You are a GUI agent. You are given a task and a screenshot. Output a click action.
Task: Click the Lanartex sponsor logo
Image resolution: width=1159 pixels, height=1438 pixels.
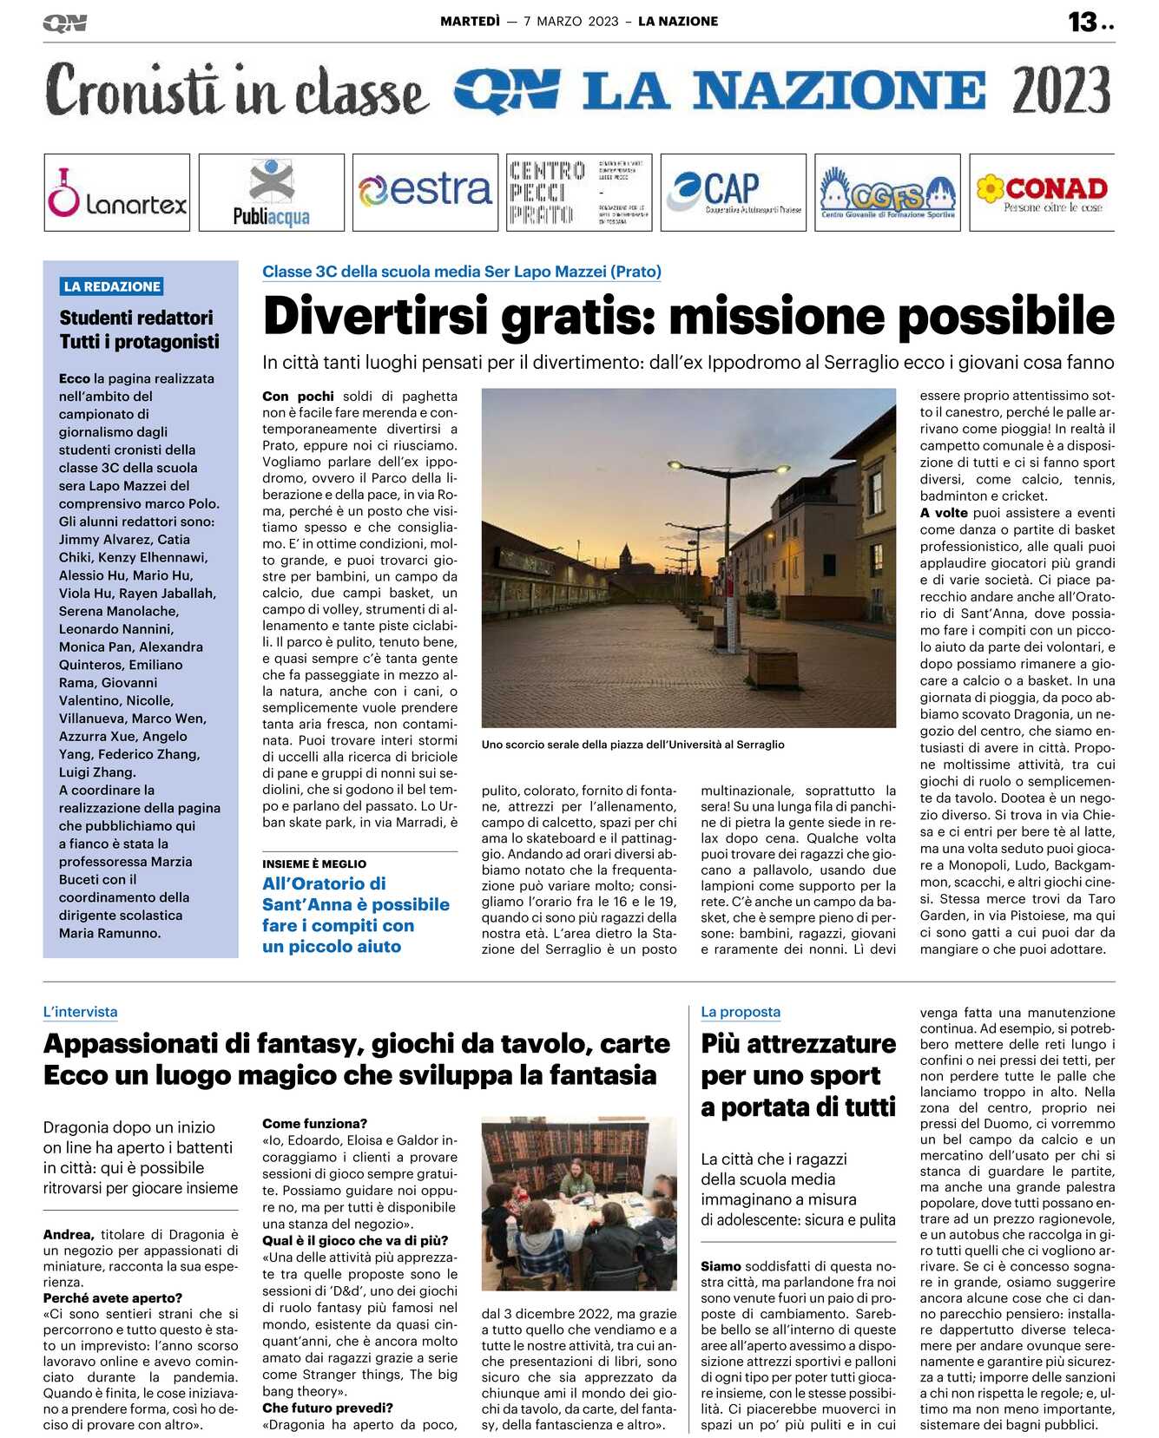pos(117,193)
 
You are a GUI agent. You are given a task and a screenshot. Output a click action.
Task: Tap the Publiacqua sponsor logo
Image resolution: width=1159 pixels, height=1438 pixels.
pos(271,193)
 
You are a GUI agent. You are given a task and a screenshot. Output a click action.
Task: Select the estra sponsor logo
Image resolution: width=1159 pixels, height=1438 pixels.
pos(425,191)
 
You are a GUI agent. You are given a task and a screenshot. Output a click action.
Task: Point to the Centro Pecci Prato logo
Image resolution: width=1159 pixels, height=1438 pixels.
pos(579,193)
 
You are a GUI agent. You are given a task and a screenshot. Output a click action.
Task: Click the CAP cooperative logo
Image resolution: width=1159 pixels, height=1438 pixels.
pos(733,192)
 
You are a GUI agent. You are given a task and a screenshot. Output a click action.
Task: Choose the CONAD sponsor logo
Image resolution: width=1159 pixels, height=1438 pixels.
pos(1042,193)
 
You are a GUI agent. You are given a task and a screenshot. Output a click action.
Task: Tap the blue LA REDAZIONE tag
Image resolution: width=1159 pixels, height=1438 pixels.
pos(112,286)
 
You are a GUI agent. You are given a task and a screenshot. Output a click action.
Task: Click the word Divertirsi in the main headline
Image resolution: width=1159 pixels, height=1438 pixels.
pos(376,316)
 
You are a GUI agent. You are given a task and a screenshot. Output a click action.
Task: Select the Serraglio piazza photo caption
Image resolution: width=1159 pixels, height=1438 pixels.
pos(633,745)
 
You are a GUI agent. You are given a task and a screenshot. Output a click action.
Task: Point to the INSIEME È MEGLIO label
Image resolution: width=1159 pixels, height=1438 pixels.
pos(314,864)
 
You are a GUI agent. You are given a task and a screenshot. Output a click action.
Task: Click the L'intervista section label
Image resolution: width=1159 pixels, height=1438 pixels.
pos(80,1012)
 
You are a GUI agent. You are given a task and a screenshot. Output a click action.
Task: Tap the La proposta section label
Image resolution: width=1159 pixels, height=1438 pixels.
pos(741,1012)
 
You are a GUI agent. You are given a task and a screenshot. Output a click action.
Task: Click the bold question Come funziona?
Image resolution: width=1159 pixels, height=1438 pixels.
pos(314,1124)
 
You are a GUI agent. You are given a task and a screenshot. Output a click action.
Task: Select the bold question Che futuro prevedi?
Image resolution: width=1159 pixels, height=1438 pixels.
pos(327,1408)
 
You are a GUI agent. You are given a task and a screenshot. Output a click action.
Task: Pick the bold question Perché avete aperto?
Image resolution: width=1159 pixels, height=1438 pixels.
pos(113,1298)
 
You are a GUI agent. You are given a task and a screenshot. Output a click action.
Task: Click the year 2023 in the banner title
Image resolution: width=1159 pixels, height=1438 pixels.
pos(1061,90)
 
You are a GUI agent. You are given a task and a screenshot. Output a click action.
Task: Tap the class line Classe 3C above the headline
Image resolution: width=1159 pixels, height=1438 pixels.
pos(462,272)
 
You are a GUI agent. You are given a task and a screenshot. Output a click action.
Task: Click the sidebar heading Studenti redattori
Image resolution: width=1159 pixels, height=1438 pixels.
pos(136,318)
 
